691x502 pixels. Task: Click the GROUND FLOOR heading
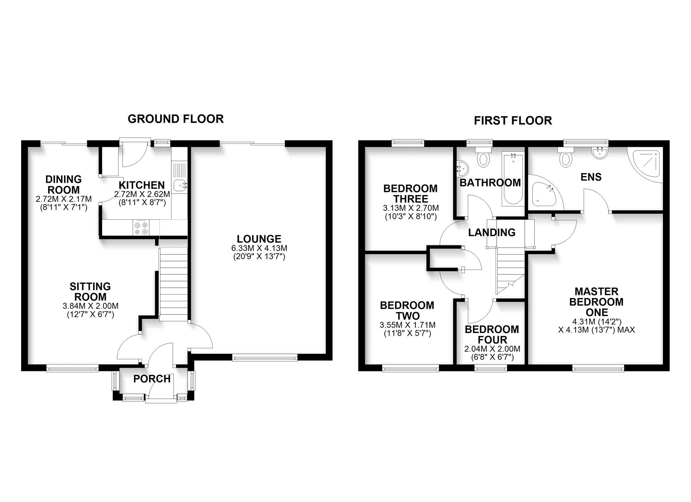[x=175, y=119]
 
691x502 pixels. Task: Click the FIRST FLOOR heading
[x=513, y=120]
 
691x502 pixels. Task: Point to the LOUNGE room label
[x=259, y=239]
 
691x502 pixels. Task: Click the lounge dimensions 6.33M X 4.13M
[x=259, y=248]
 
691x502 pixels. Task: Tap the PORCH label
[x=152, y=379]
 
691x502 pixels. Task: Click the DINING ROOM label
[x=63, y=184]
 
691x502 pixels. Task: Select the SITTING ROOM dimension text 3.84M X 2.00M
[x=90, y=306]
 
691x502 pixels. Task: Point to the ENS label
[x=591, y=177]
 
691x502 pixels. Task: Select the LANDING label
[x=492, y=232]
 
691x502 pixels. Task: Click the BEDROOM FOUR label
[x=492, y=334]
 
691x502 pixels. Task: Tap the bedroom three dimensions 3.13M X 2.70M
[x=411, y=208]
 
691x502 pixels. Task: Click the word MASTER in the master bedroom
[x=596, y=291]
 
